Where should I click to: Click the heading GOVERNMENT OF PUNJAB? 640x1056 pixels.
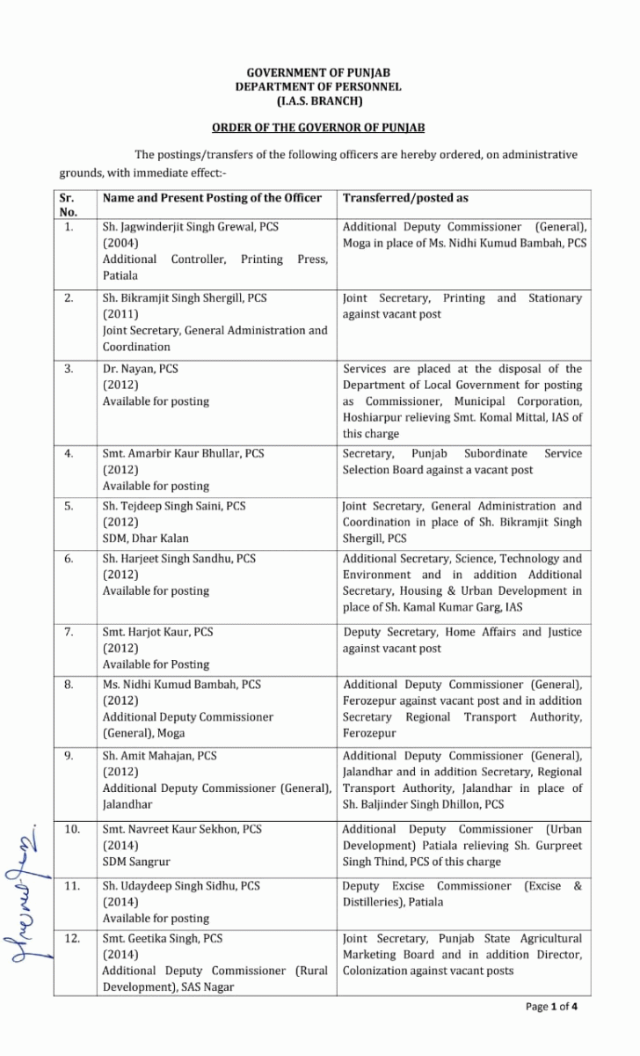pos(318,71)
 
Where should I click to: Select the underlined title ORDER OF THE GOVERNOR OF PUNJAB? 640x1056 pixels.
pos(318,128)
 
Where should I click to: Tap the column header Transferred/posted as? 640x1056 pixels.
pos(405,198)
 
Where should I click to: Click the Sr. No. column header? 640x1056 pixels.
pos(68,204)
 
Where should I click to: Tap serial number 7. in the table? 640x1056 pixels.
pos(68,632)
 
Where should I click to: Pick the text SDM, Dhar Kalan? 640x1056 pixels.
pos(145,539)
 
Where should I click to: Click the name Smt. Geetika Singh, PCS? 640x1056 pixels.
pos(163,938)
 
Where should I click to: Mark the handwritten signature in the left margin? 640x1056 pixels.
pos(29,889)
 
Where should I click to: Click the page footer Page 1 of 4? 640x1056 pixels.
pos(552,1007)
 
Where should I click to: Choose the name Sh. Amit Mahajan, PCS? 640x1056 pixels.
pos(159,756)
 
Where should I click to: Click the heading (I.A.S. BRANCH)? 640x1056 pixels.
pos(318,102)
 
